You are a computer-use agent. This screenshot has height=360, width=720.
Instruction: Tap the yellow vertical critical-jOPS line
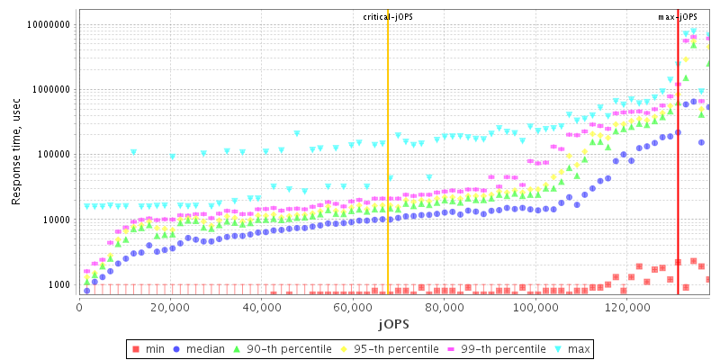[x=388, y=180]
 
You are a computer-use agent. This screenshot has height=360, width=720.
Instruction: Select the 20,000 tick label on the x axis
[x=171, y=306]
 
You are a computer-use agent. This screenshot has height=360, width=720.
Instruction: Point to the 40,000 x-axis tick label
[x=262, y=306]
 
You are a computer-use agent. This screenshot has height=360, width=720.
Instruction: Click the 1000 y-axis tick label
[x=58, y=284]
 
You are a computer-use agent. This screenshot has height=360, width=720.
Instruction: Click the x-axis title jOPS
[x=392, y=322]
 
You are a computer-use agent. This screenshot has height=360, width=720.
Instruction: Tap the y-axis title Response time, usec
[x=16, y=153]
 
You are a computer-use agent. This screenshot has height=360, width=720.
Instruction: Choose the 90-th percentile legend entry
[x=279, y=347]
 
